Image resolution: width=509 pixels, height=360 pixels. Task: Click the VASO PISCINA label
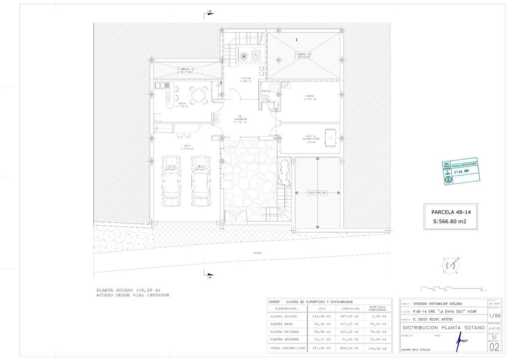pyautogui.click(x=317, y=193)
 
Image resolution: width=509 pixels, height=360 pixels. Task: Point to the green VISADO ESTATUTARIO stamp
pyautogui.click(x=460, y=172)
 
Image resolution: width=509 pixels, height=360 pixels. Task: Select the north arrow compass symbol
pyautogui.click(x=451, y=265)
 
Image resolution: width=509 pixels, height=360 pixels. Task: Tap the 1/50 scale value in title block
pyautogui.click(x=494, y=315)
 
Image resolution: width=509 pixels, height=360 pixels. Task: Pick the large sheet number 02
pyautogui.click(x=494, y=347)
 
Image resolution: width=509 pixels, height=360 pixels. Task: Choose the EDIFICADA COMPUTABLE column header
pyautogui.click(x=375, y=308)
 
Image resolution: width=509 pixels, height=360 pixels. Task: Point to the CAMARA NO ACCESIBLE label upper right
pyautogui.click(x=303, y=56)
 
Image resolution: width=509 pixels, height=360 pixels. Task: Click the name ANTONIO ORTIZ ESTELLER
pyautogui.click(x=416, y=350)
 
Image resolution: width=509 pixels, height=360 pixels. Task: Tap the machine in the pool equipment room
pyautogui.click(x=330, y=138)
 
